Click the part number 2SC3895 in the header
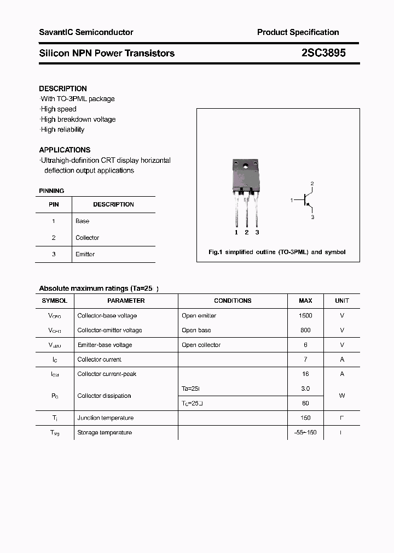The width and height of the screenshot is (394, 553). [323, 53]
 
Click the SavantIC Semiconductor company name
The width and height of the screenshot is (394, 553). [86, 32]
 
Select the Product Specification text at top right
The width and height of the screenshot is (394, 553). [298, 32]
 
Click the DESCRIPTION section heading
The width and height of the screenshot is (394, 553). [63, 89]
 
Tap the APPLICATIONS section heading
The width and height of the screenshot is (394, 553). [65, 150]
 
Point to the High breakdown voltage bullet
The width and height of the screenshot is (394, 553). [78, 119]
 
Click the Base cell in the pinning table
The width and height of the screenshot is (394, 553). [82, 221]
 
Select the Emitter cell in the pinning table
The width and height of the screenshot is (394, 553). [85, 254]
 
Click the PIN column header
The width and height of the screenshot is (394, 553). [54, 204]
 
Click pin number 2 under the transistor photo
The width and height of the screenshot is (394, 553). [246, 232]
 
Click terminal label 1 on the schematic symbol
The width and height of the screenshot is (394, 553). [292, 201]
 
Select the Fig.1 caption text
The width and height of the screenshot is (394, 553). [277, 252]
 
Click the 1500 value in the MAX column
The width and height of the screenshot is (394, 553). [305, 316]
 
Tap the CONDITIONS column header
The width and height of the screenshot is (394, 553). [233, 301]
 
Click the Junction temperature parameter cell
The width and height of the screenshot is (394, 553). [105, 418]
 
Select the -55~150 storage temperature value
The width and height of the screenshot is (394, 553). [305, 433]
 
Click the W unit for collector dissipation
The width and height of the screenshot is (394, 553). [341, 396]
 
